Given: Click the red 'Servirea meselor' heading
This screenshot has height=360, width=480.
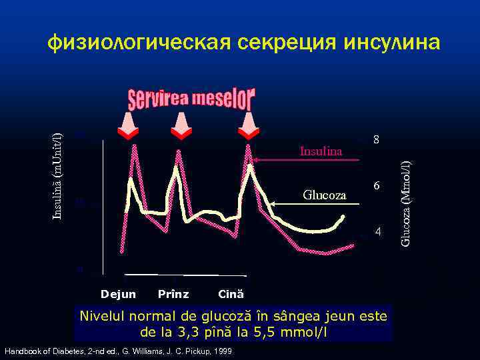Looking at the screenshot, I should pyautogui.click(x=191, y=101).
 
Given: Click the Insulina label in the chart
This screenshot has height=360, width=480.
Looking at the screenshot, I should pyautogui.click(x=321, y=151).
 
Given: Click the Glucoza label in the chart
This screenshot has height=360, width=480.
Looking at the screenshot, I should pyautogui.click(x=325, y=195).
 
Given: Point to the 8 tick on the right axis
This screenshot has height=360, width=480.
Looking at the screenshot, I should pyautogui.click(x=377, y=141).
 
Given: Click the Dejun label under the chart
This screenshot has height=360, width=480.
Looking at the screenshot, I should pyautogui.click(x=118, y=294).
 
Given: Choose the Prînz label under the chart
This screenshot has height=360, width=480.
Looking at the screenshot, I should pyautogui.click(x=173, y=294).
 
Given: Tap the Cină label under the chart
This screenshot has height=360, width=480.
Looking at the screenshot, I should pyautogui.click(x=231, y=294).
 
